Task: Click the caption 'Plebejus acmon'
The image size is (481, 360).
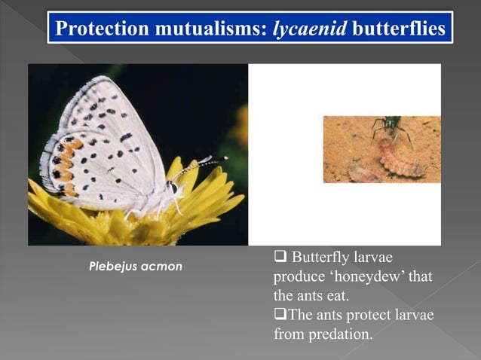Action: [x=135, y=267]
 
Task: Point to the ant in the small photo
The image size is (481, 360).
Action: [x=391, y=127]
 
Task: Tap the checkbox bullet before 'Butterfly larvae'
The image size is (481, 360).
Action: [x=280, y=258]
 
